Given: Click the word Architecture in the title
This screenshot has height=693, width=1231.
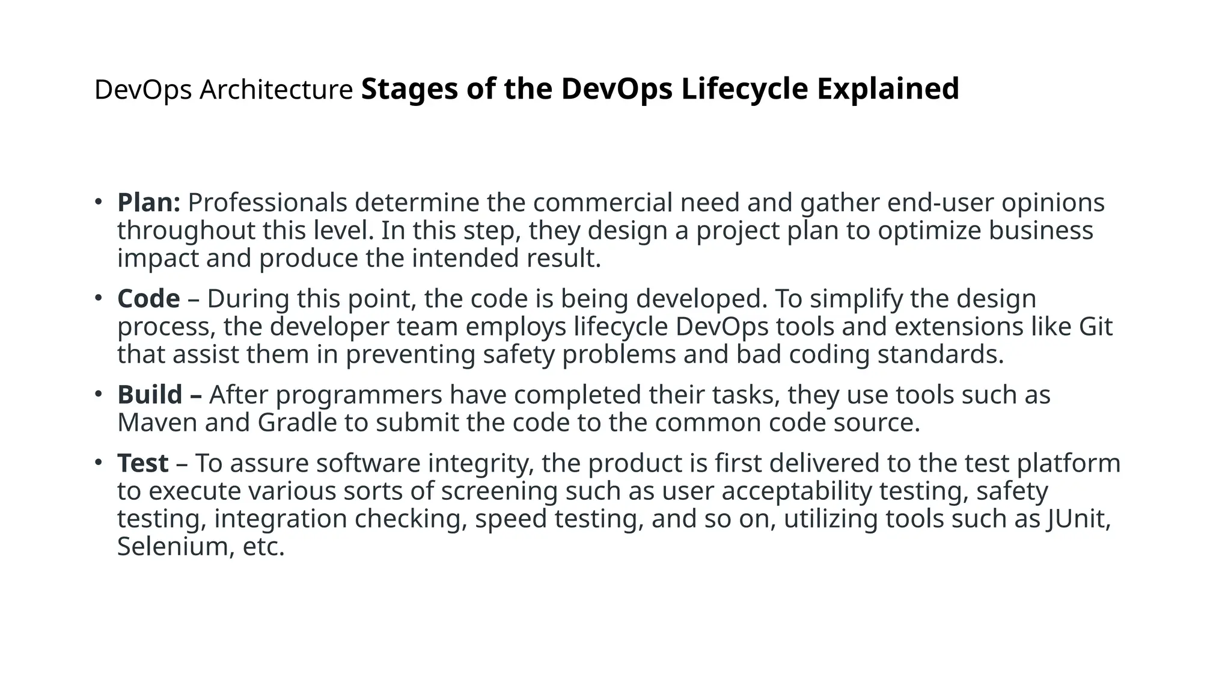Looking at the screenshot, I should tap(276, 90).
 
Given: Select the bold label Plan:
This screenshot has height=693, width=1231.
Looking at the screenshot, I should tap(148, 203).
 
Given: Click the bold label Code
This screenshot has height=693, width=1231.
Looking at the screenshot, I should tap(148, 299).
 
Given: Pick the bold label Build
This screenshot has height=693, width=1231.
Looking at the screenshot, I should tap(150, 395).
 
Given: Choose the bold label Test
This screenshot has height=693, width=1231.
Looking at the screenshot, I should tap(142, 463).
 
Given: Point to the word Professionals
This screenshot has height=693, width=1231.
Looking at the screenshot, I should tap(267, 203).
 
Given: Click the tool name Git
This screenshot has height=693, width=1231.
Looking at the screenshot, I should tap(1096, 327).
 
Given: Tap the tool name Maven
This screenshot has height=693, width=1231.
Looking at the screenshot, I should tap(157, 423).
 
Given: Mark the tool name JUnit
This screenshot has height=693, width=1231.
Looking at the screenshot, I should tap(1078, 519).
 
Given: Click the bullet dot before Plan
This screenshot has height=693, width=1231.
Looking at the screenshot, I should tap(98, 202).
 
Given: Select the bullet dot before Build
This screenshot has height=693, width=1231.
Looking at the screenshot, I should tap(98, 394).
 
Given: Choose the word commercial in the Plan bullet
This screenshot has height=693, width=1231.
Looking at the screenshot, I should tap(602, 203).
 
